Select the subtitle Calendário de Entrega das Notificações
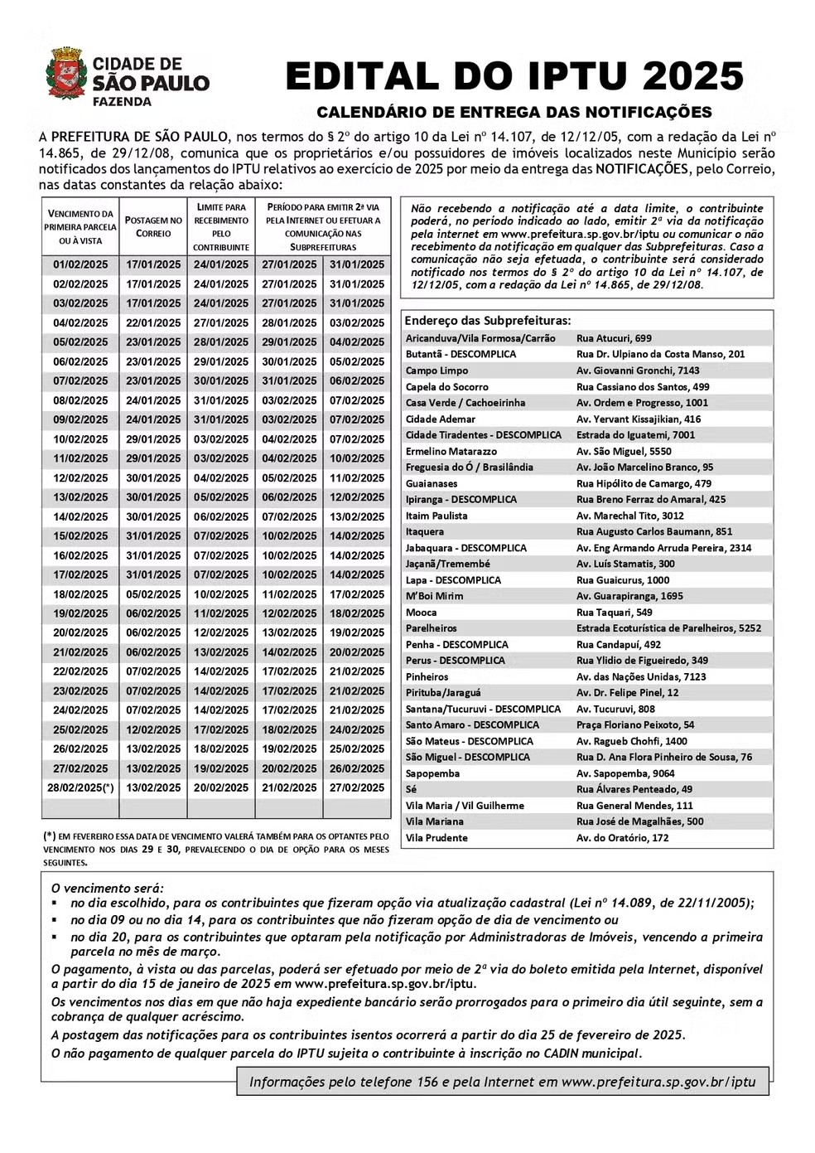coord(514,112)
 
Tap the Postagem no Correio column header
coord(153,226)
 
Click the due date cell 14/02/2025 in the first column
coord(80,516)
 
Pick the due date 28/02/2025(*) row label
coord(80,787)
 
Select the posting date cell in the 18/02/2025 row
coord(153,594)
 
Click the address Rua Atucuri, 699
coord(614,338)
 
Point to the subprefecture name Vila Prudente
coord(436,838)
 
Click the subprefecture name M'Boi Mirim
coord(434,596)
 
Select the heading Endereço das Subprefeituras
coord(487,320)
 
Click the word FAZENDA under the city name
coord(122,102)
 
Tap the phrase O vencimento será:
coord(107,887)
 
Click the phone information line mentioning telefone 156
coord(502,1082)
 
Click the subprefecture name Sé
coord(411,789)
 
